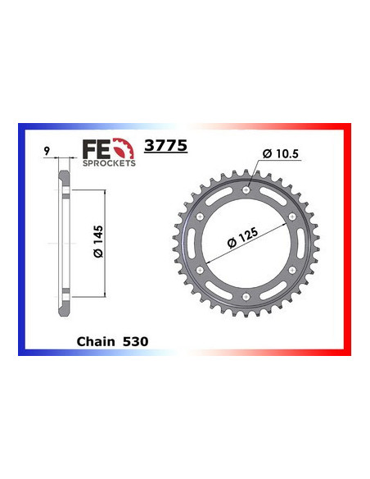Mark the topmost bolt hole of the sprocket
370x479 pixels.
tap(246, 190)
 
